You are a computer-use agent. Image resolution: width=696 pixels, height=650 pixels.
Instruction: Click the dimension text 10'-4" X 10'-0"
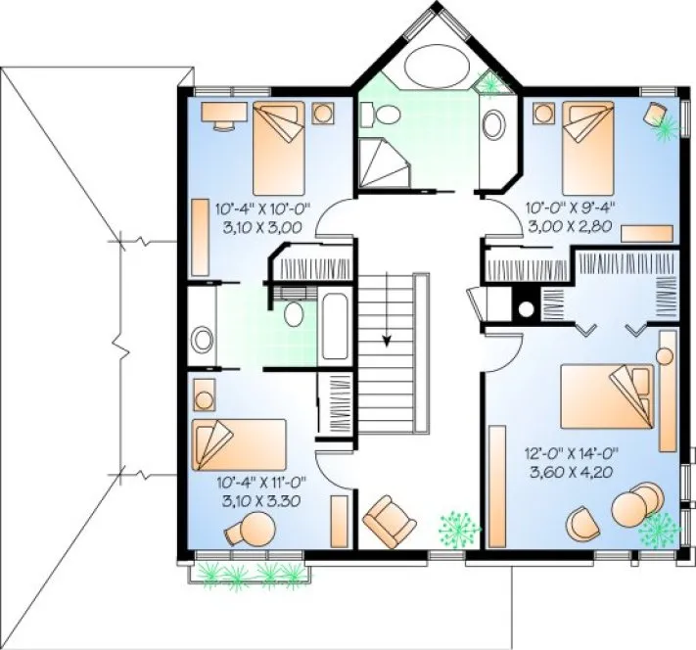tap(259, 208)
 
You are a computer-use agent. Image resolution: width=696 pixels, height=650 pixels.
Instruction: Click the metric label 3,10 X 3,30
tap(259, 500)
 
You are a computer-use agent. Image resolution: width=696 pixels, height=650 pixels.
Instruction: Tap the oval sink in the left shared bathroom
tap(202, 340)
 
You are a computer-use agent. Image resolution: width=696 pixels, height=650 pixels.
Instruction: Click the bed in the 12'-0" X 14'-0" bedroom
tap(608, 395)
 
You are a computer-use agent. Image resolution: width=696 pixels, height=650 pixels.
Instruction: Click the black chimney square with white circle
tap(526, 309)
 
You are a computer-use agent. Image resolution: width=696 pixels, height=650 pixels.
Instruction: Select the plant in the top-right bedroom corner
tap(661, 119)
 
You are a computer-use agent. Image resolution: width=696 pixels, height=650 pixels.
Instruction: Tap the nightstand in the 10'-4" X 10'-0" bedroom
tap(322, 112)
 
